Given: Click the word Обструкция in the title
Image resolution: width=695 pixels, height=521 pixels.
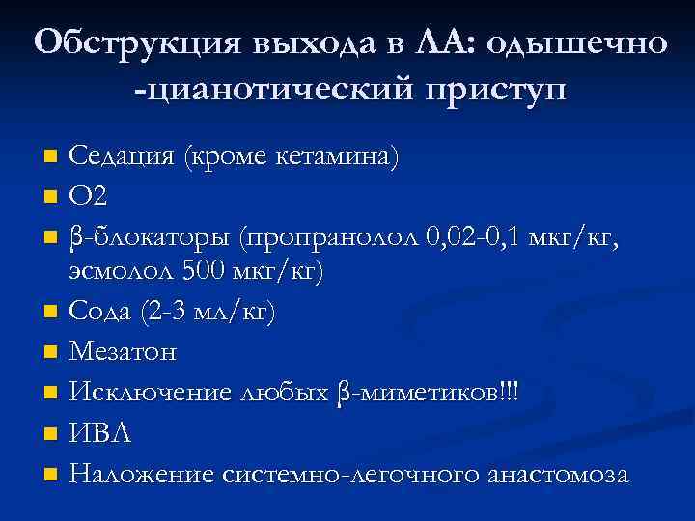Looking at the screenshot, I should point(137,43).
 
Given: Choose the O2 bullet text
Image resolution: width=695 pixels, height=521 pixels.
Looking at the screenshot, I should point(89,197).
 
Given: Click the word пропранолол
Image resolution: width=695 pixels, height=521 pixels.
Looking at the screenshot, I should point(331,236).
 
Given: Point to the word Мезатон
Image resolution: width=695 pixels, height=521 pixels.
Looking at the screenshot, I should point(124,353).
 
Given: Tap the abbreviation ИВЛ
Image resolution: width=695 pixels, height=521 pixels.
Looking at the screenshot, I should point(98,434).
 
